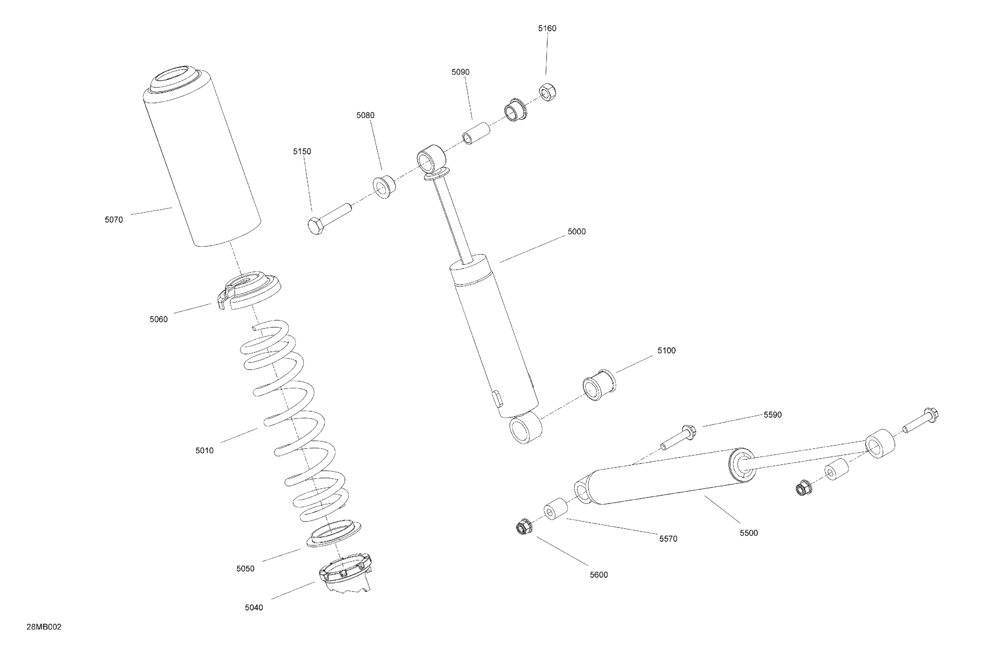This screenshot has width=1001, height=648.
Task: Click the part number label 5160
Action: pyautogui.click(x=547, y=29)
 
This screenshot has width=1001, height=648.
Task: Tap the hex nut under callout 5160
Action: pyautogui.click(x=548, y=93)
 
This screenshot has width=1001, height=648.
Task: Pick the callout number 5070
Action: pyautogui.click(x=114, y=220)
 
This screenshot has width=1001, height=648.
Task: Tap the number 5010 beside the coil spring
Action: pyautogui.click(x=204, y=451)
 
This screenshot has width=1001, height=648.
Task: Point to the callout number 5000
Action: pyautogui.click(x=576, y=232)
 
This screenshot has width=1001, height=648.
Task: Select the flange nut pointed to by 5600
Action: pyautogui.click(x=523, y=527)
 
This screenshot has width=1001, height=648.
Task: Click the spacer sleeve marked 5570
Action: pyautogui.click(x=555, y=510)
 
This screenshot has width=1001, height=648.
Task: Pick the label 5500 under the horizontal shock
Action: pyautogui.click(x=749, y=533)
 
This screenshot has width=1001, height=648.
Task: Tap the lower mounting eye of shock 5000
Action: pyautogui.click(x=525, y=428)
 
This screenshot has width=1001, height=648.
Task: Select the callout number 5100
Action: pyautogui.click(x=666, y=351)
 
